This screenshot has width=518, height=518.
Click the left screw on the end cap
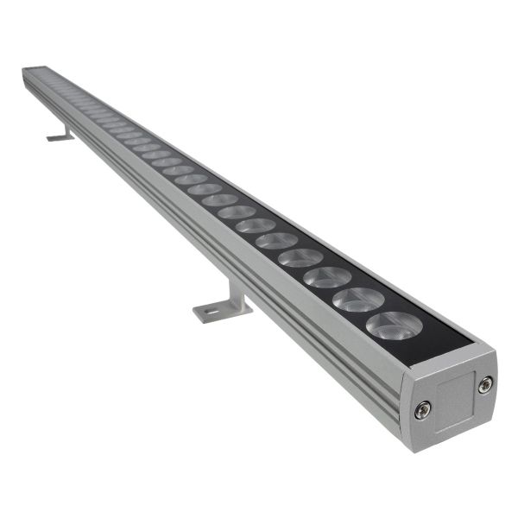421,410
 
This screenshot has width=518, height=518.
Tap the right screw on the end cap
485,384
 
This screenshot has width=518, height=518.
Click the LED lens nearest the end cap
394,325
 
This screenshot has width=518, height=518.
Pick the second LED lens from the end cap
358,300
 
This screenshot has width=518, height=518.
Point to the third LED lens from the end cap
328,277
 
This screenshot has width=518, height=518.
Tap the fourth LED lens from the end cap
300,257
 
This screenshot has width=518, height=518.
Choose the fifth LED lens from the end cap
276,240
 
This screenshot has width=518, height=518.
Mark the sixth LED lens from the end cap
256,225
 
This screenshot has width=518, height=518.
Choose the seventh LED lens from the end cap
237,212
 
